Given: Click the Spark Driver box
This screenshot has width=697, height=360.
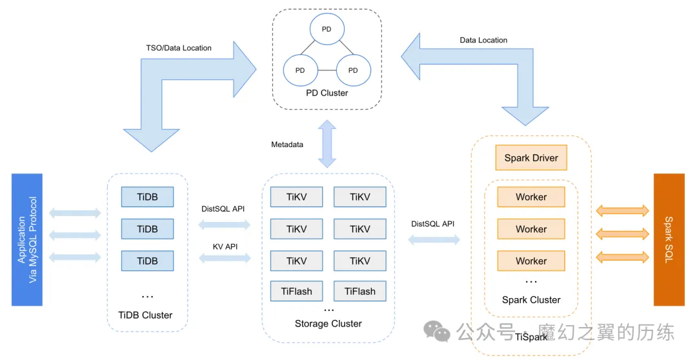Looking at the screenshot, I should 531,158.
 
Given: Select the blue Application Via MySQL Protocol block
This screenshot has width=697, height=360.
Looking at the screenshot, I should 27,239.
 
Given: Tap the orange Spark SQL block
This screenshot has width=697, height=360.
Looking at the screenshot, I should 669,239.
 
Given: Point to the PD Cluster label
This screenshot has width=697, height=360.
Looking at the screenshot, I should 327,93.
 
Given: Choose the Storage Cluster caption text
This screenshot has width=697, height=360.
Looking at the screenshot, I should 328,323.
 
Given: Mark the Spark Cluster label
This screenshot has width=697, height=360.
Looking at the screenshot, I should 531,299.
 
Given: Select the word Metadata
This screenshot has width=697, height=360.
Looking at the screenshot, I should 287,145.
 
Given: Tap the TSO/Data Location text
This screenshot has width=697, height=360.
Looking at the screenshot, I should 179,48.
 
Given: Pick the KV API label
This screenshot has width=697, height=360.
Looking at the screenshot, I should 225,246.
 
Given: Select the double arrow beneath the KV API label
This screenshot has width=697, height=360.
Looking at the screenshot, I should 225,258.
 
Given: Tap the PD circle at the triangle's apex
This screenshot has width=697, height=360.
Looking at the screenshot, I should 327,30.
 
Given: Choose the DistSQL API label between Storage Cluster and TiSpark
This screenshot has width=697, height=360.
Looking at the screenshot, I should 432,224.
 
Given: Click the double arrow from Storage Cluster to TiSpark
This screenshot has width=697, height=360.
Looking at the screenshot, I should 434,240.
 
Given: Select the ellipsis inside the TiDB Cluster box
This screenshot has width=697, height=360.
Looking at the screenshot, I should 147,295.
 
